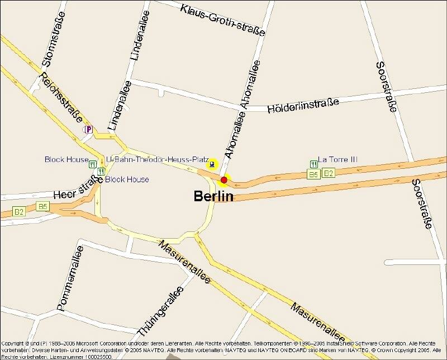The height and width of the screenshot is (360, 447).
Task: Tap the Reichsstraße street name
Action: pyautogui.click(x=61, y=97)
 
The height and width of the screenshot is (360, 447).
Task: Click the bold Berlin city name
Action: pyautogui.click(x=213, y=196)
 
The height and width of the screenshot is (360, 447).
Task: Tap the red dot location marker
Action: pyautogui.click(x=224, y=180)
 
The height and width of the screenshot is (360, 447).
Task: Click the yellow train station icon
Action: pyautogui.click(x=212, y=164)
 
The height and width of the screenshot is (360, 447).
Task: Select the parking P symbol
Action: pyautogui.click(x=88, y=129)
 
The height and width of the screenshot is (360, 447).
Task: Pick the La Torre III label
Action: pyautogui.click(x=337, y=159)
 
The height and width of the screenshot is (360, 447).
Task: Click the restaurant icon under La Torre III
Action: pyautogui.click(x=313, y=164)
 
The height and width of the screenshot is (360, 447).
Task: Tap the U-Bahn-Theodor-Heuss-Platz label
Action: pyautogui.click(x=157, y=160)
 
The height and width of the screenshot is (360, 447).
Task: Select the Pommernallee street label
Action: pyautogui.click(x=70, y=281)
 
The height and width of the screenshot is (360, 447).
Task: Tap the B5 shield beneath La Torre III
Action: pyautogui.click(x=313, y=174)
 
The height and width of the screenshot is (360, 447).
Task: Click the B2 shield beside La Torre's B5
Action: pyautogui.click(x=328, y=173)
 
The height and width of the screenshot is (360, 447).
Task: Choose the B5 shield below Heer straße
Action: pyautogui.click(x=42, y=207)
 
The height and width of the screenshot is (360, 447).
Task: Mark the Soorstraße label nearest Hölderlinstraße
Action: pyautogui.click(x=386, y=87)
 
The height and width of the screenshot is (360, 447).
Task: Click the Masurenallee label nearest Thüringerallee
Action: pyautogui.click(x=184, y=262)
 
